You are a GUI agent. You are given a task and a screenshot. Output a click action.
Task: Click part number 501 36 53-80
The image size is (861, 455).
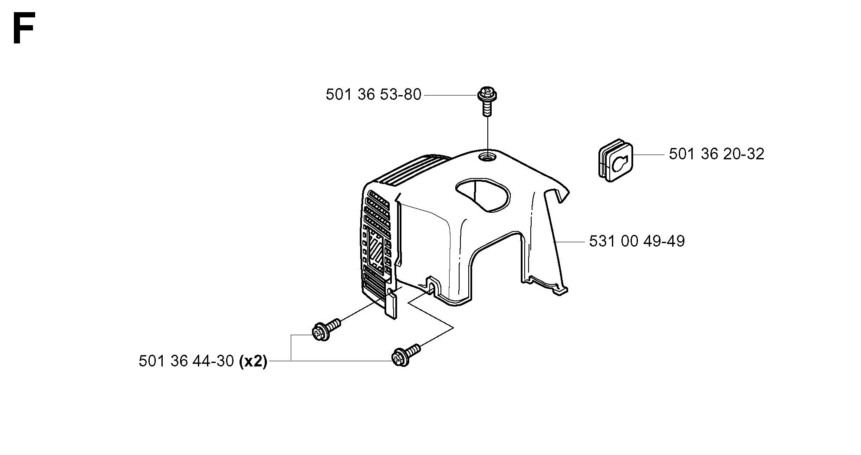coord(373,95)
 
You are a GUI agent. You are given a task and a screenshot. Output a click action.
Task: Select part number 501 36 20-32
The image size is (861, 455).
coord(716,154)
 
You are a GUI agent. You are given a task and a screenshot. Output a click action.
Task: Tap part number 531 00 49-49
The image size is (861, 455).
coord(637,241)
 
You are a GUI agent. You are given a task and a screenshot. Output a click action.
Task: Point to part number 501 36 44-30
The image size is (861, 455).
coord(187,361)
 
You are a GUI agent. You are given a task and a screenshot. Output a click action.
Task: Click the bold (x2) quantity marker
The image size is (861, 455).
coord(253,361)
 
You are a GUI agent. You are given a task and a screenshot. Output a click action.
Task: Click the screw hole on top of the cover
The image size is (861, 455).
coord(487,156)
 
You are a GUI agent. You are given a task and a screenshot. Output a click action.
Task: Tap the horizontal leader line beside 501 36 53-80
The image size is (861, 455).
coord(450,95)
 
